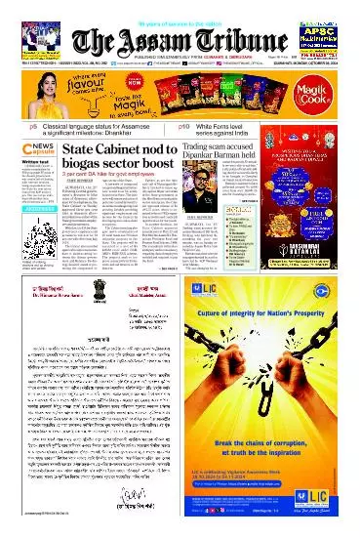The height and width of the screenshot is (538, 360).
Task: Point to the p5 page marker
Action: pos(8,127)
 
